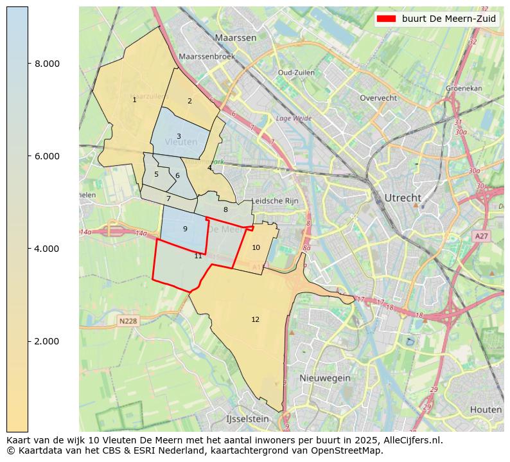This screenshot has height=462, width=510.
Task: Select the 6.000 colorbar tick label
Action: (47, 156)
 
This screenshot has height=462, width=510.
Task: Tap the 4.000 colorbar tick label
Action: (47, 249)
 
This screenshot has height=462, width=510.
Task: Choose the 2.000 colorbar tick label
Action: (47, 341)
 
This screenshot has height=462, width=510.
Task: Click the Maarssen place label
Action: (236, 38)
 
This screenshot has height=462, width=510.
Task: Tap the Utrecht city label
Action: (402, 198)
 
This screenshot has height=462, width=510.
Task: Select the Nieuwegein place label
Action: (324, 378)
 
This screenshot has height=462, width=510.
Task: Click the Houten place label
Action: (485, 410)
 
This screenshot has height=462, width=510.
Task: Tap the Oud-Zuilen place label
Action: (295, 73)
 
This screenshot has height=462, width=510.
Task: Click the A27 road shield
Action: (481, 236)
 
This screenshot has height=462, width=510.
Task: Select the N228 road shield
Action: (128, 321)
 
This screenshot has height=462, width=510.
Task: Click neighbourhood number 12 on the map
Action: (256, 319)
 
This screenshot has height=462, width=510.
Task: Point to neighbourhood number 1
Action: (134, 100)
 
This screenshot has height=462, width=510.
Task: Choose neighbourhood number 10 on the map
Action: (256, 247)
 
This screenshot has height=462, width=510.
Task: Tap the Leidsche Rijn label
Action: (276, 201)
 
